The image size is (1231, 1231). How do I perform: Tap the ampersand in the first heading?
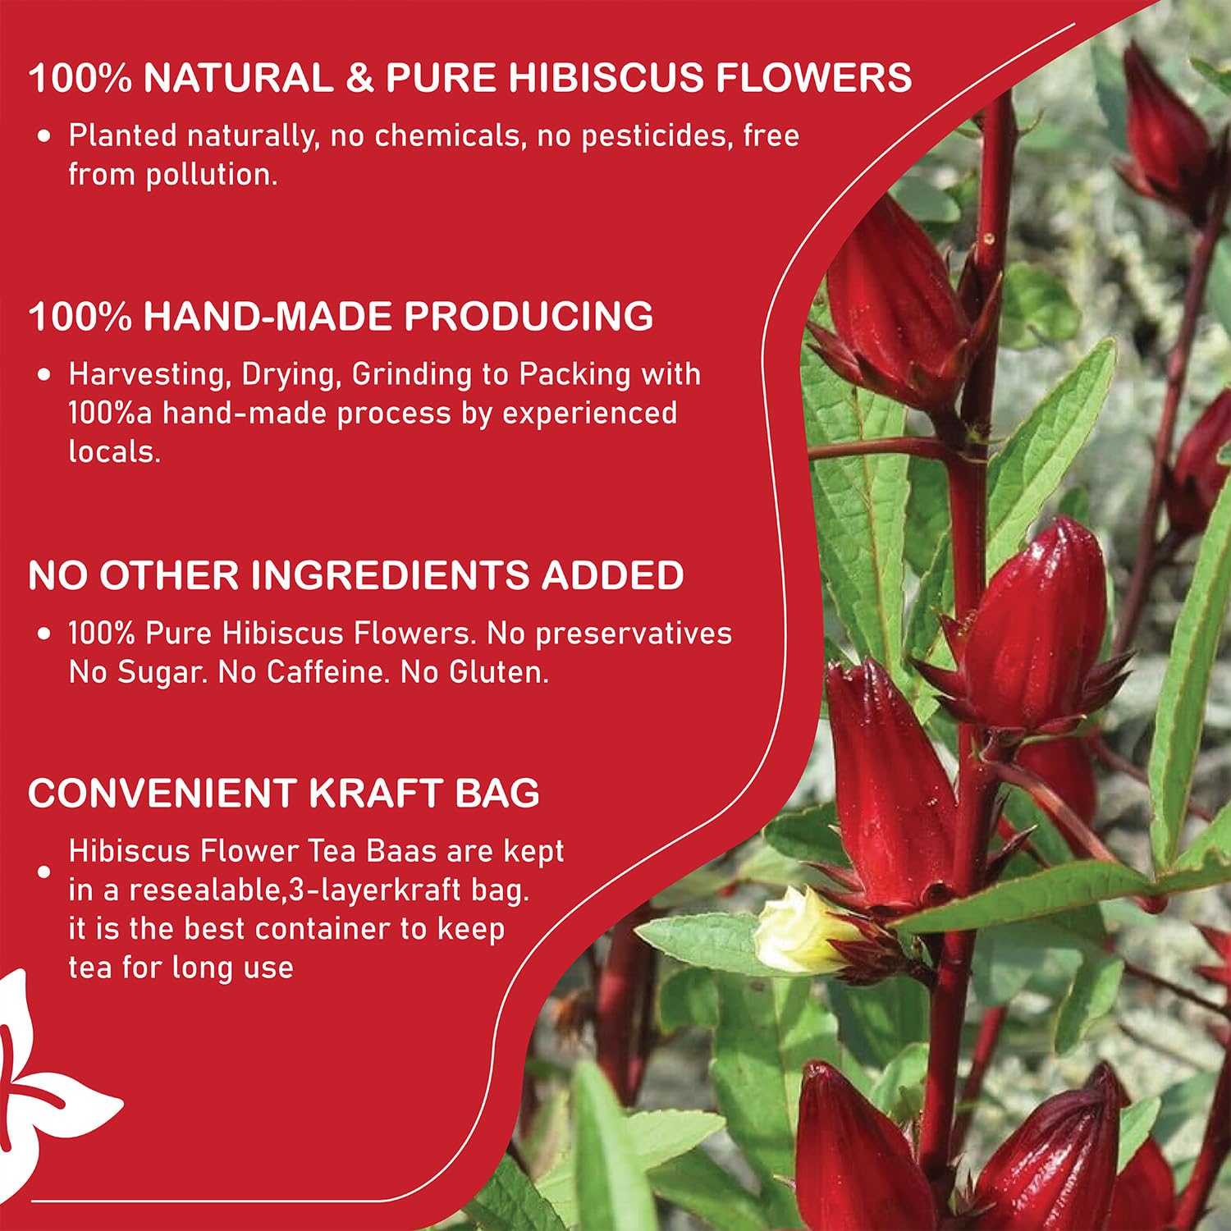tap(359, 78)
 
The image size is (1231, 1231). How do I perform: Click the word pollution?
tap(211, 175)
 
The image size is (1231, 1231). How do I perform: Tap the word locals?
tap(114, 451)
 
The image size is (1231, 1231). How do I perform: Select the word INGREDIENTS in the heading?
tap(390, 575)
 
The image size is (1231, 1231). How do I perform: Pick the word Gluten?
tap(498, 673)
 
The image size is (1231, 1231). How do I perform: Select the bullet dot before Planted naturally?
tap(45, 136)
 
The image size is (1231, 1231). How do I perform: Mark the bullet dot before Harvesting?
tap(45, 375)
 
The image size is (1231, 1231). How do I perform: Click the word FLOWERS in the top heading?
tap(812, 78)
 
